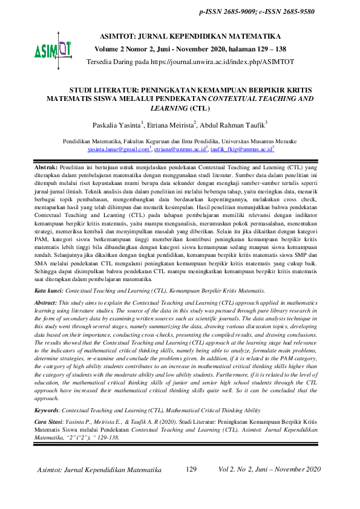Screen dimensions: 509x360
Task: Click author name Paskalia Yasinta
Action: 117,125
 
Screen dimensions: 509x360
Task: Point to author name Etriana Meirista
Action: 170,125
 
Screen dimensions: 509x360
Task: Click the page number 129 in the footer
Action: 192,469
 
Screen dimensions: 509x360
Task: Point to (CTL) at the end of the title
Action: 216,109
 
